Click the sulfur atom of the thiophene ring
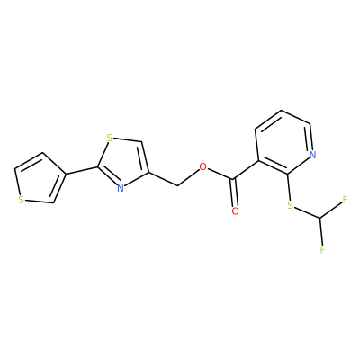[x=21, y=200]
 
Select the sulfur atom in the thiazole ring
[x=110, y=139]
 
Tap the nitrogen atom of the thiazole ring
[x=121, y=188]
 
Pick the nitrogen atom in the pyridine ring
[x=313, y=155]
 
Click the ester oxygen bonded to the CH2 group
[x=203, y=166]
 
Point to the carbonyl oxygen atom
[x=236, y=211]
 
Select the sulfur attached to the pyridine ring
[x=290, y=206]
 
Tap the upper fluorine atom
[x=345, y=199]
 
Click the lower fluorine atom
[x=322, y=249]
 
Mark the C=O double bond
[x=234, y=193]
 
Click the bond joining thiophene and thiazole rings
[x=81, y=170]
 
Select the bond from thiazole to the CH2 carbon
[x=163, y=179]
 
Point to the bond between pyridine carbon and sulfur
[x=289, y=188]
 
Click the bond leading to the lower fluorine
[x=321, y=231]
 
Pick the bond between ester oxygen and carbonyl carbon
[x=220, y=175]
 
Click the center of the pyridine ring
[x=283, y=142]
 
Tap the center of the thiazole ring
[x=124, y=164]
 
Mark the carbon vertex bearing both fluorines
[x=320, y=218]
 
